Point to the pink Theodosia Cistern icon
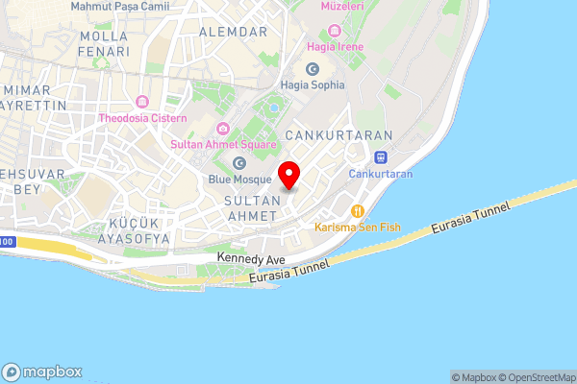(143, 102)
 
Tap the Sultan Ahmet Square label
(223, 145)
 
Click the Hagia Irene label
(334, 45)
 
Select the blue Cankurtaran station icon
(381, 157)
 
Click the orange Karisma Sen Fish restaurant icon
(358, 211)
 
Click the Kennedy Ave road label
(251, 257)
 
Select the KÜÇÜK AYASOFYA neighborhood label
(133, 230)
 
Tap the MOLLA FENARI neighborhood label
(104, 43)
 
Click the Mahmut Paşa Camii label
(121, 7)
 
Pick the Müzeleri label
(339, 6)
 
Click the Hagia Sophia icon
(312, 68)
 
